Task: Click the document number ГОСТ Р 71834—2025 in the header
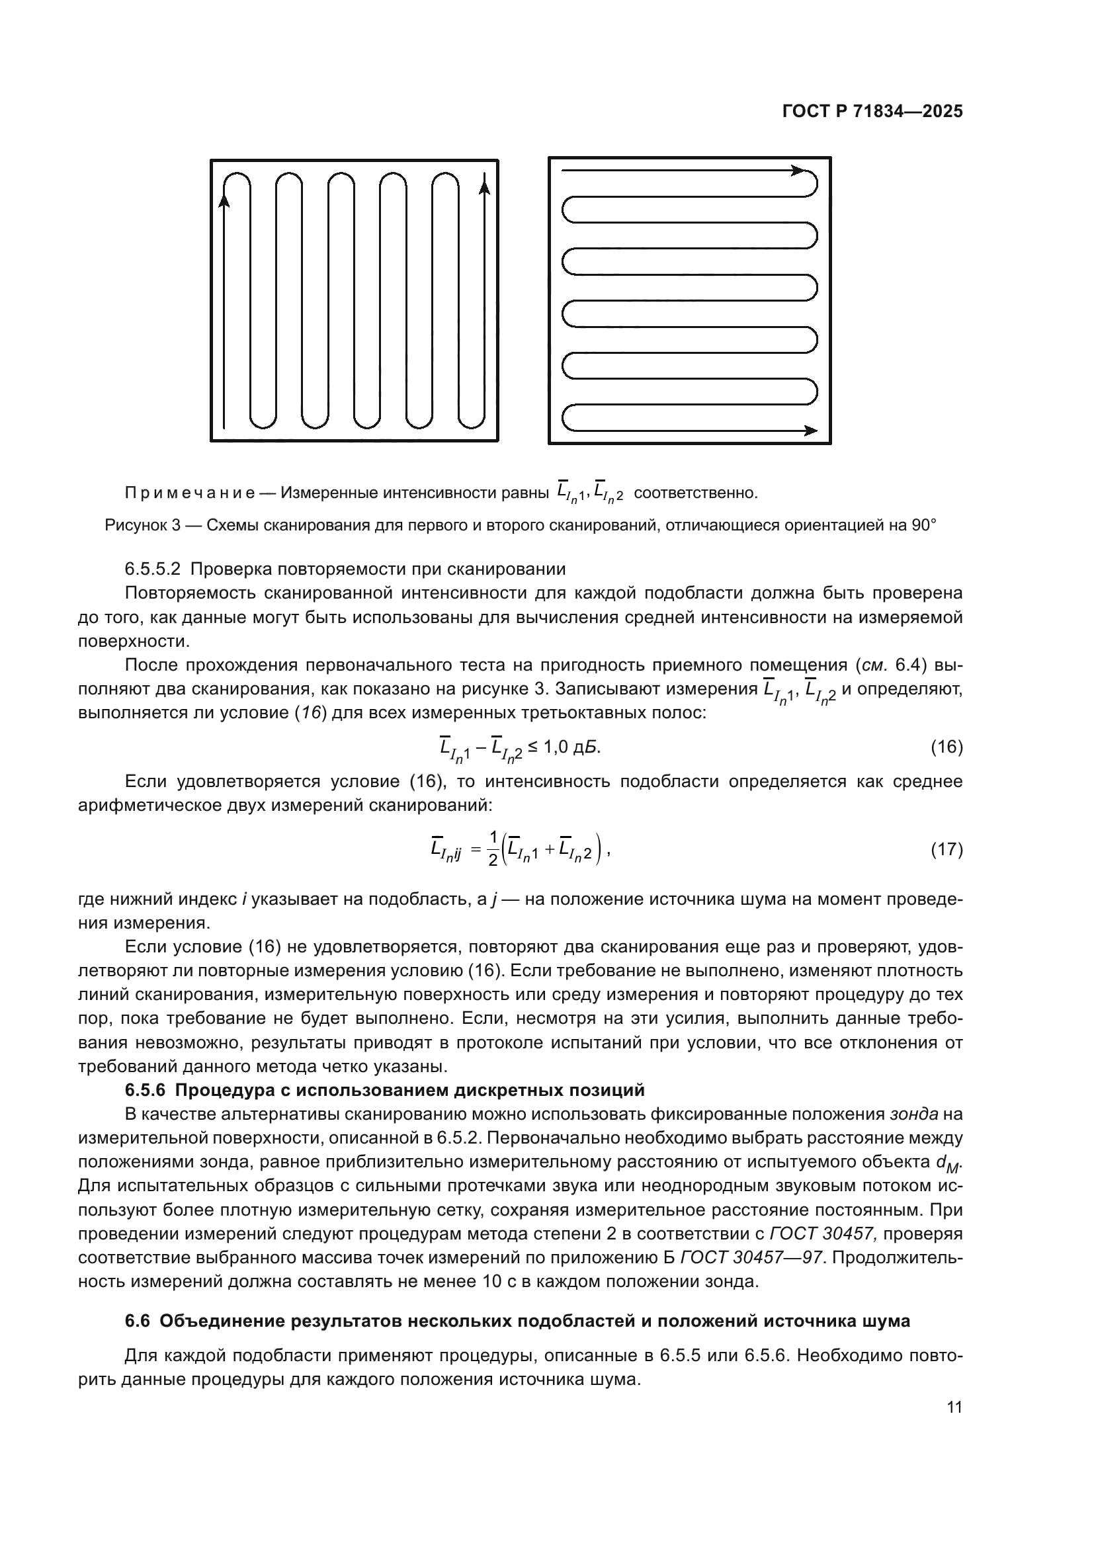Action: (x=872, y=112)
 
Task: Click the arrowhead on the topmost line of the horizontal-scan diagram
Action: (x=798, y=171)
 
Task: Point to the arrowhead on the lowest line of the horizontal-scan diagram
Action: (x=811, y=431)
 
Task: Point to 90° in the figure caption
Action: (x=924, y=526)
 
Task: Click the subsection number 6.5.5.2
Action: (x=153, y=569)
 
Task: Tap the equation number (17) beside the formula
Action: (x=947, y=850)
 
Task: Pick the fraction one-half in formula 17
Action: (x=493, y=850)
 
